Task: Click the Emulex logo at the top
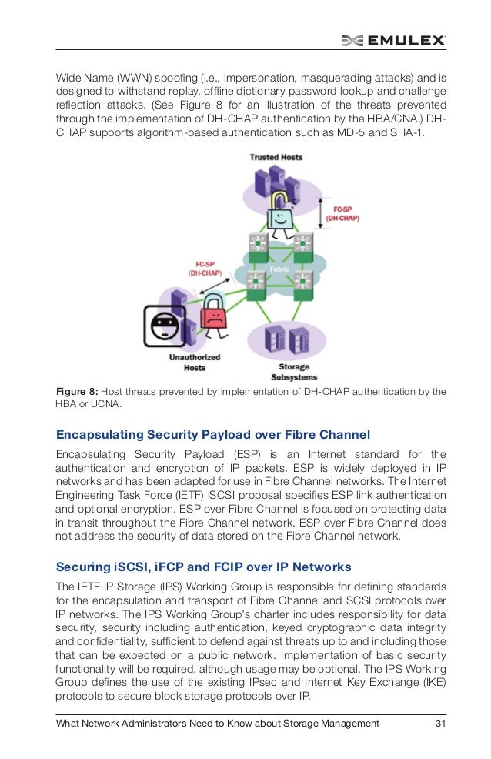393,41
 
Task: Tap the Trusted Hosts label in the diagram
276,157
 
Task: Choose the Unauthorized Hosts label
195,363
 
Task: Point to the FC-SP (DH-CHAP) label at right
343,213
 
